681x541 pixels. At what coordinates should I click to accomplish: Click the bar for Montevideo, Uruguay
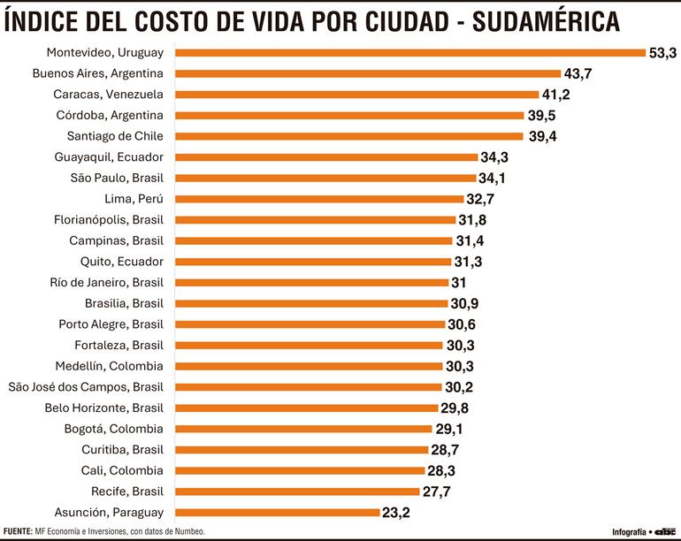(x=411, y=52)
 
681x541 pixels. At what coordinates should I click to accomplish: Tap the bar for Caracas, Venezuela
(x=357, y=94)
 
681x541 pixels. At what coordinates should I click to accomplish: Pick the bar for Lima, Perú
(x=320, y=199)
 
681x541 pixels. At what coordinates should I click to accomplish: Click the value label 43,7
(x=580, y=73)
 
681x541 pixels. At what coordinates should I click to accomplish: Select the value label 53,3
(x=663, y=53)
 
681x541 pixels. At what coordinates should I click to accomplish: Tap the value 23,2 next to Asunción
(x=397, y=512)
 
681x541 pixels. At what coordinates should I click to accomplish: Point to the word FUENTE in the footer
(x=18, y=531)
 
